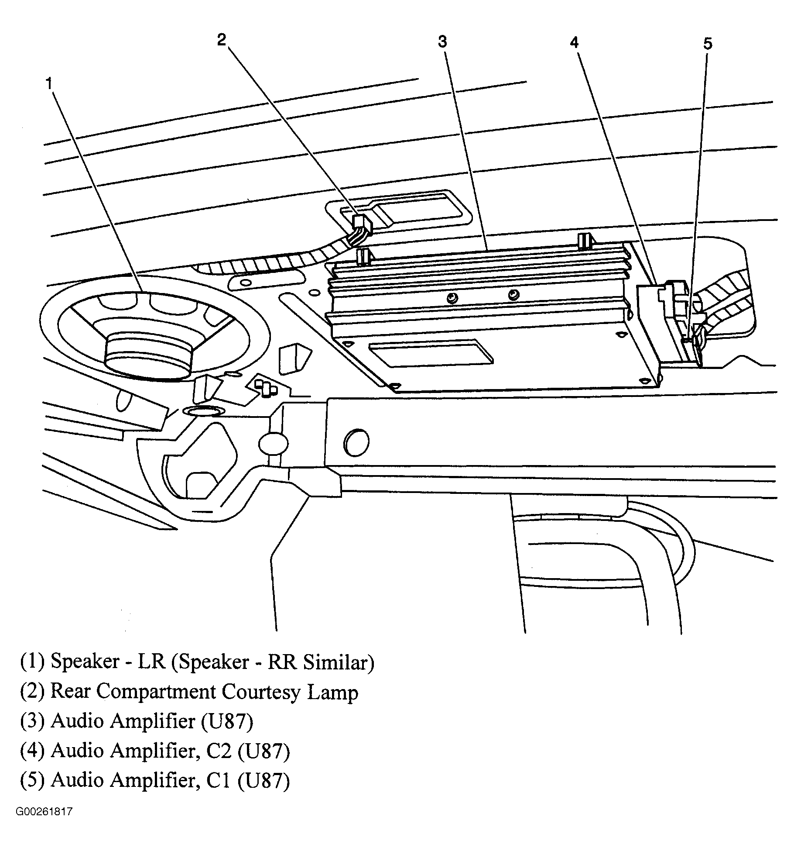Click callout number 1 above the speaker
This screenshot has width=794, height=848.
(50, 83)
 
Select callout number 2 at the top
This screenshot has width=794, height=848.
(222, 40)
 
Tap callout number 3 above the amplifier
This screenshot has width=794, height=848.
(442, 42)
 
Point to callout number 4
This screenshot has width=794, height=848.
(574, 42)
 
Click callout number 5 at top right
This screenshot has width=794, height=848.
(707, 44)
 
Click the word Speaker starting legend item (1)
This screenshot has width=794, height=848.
(85, 662)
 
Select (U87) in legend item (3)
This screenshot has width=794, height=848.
(227, 721)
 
